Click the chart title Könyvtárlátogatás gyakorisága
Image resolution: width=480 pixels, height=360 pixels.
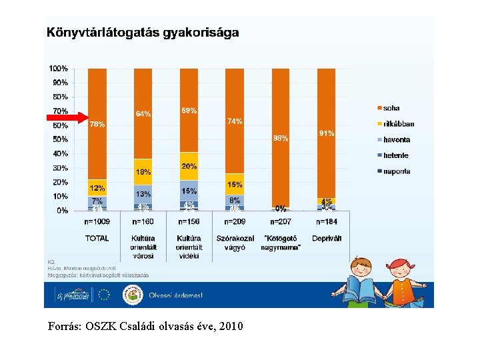click(x=142, y=33)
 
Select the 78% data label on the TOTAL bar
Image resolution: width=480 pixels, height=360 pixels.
click(x=97, y=124)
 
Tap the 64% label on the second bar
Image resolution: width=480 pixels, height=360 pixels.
click(x=143, y=113)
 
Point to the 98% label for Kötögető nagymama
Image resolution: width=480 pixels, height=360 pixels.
click(x=281, y=138)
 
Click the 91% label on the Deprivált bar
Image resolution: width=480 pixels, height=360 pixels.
click(x=327, y=133)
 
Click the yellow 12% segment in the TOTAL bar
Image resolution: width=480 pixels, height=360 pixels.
click(x=97, y=188)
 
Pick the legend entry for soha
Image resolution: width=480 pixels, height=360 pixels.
click(x=392, y=108)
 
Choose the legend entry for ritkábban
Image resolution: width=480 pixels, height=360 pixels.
click(x=398, y=124)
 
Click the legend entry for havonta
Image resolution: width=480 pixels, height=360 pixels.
click(x=396, y=140)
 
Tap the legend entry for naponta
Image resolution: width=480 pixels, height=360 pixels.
click(x=396, y=171)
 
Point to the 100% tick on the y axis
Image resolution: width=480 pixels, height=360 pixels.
click(x=58, y=68)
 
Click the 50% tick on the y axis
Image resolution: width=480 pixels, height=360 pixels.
click(x=60, y=139)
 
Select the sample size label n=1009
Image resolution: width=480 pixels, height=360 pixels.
click(x=97, y=222)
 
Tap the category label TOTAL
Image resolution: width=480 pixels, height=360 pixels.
click(x=97, y=238)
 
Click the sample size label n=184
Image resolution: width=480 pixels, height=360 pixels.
click(x=327, y=222)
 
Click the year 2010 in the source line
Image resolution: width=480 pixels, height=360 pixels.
click(x=231, y=327)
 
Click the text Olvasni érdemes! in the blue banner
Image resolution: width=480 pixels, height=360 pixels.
click(x=175, y=295)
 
